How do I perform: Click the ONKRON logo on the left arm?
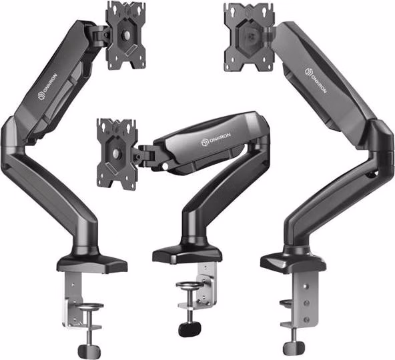(49, 87)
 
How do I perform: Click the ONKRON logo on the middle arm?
(216, 139)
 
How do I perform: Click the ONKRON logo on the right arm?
(316, 80)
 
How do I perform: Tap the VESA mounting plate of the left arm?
(125, 35)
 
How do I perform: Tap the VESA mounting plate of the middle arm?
(117, 153)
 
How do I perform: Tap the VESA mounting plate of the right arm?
(250, 37)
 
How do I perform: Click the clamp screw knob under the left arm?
(89, 350)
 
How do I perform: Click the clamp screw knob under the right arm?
(294, 349)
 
